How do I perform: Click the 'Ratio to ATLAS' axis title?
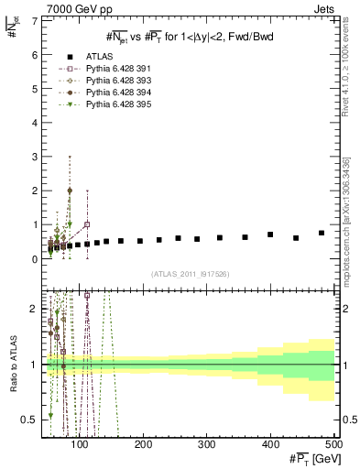coord(12,365)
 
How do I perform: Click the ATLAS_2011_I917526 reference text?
coord(189,275)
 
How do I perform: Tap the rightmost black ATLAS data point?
coord(322,233)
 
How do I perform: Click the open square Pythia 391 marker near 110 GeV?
coord(87,224)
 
